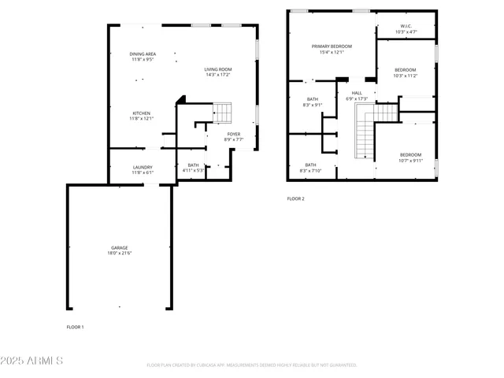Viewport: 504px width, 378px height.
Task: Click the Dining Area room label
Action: point(142,54)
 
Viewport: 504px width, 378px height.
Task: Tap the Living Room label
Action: point(218,69)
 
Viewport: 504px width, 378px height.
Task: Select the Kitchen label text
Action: point(142,113)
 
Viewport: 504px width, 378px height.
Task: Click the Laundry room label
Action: point(143,167)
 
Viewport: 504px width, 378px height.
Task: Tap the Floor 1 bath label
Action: point(193,165)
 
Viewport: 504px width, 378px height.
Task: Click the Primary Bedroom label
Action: point(332,46)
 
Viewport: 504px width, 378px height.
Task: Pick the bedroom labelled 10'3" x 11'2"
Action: point(406,70)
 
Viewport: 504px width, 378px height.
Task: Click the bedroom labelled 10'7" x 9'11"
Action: point(410,154)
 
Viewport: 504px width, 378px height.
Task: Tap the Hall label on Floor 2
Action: point(357,93)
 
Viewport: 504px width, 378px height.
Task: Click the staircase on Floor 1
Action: point(224,113)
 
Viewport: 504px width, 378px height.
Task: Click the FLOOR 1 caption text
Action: point(75,326)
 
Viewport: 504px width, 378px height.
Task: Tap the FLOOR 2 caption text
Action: point(295,198)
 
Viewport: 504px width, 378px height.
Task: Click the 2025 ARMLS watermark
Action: point(31,361)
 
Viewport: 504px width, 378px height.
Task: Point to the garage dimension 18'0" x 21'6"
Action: point(120,253)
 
